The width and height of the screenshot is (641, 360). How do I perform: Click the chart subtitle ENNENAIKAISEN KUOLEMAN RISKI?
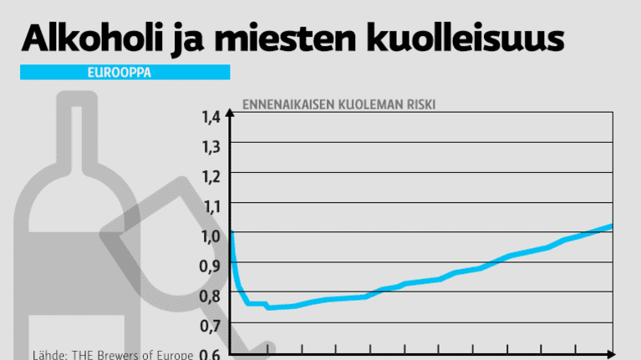339,104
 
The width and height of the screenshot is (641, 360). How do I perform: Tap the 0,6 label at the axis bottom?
210,353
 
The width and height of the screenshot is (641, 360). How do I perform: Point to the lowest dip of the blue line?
268,307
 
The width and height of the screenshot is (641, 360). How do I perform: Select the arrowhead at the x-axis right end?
611,354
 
